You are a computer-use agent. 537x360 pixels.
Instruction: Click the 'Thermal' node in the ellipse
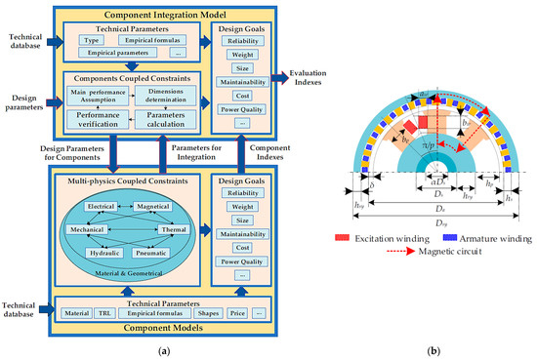click(x=171, y=230)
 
